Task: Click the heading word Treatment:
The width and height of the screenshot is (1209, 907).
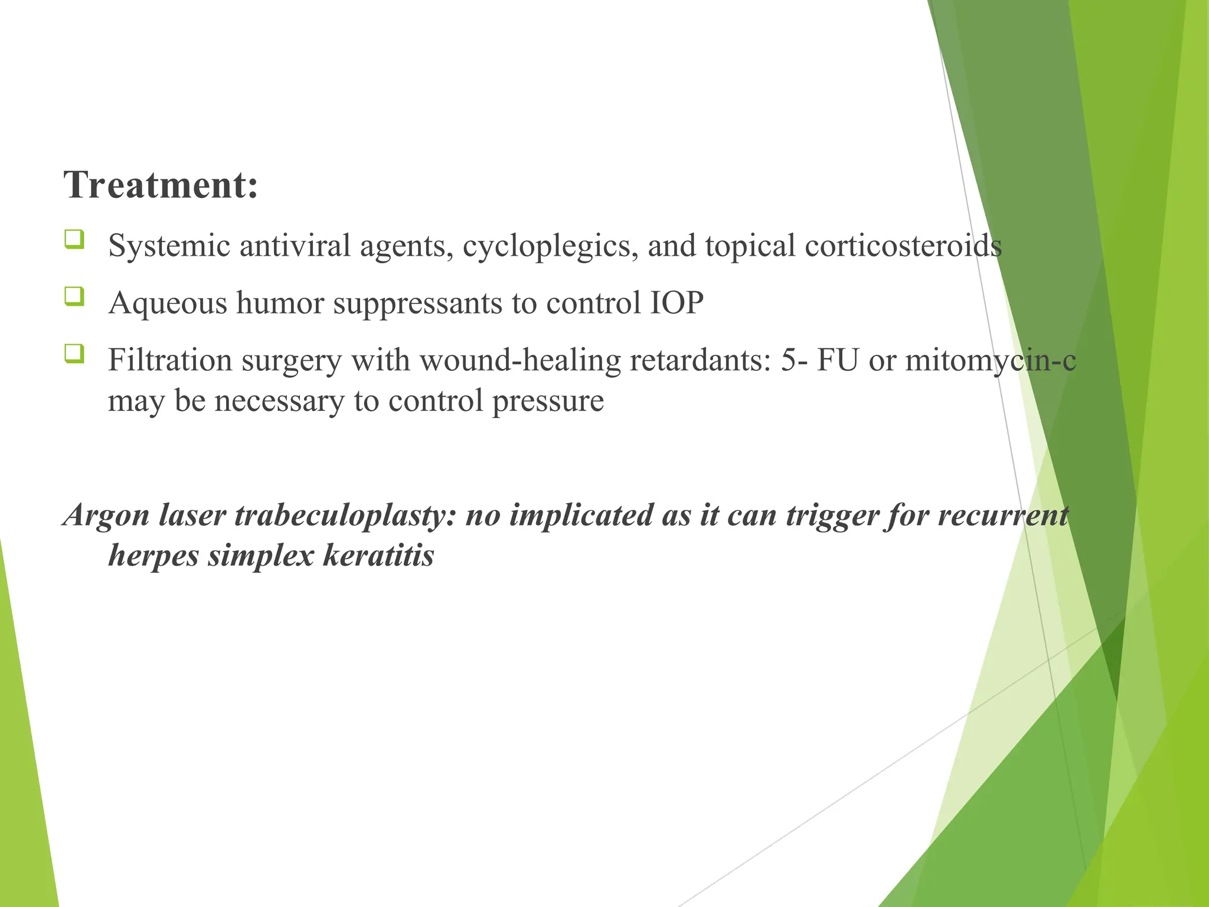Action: click(161, 185)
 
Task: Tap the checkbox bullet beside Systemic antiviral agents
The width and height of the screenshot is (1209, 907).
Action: click(74, 240)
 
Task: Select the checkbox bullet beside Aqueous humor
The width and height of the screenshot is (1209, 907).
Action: click(74, 296)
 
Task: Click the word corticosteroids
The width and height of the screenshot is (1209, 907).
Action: click(903, 246)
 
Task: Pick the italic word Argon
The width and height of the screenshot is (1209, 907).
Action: click(107, 515)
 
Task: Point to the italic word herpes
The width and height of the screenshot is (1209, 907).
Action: click(153, 556)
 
